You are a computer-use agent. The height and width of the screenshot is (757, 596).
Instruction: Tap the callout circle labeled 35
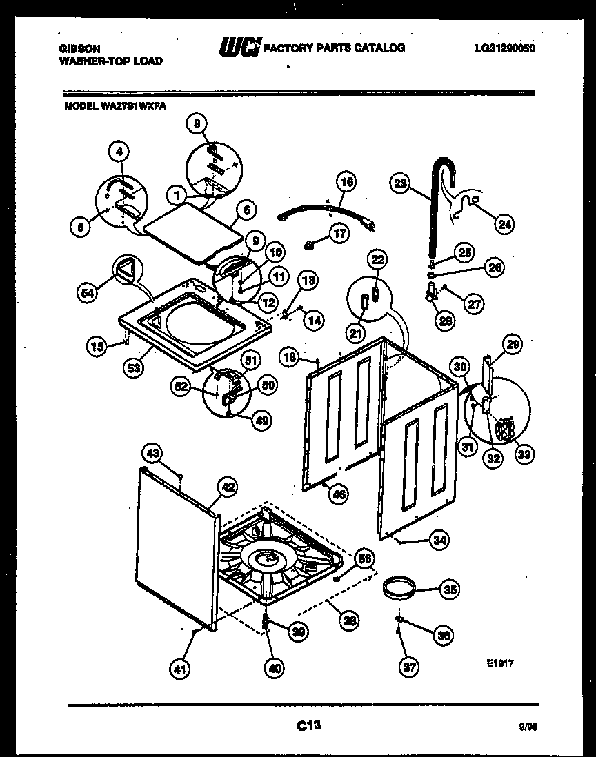click(x=449, y=590)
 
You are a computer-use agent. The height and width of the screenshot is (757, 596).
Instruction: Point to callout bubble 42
click(x=227, y=486)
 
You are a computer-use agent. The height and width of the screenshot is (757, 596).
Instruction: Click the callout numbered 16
click(x=347, y=182)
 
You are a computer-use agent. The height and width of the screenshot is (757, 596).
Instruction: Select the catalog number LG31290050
click(x=505, y=48)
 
